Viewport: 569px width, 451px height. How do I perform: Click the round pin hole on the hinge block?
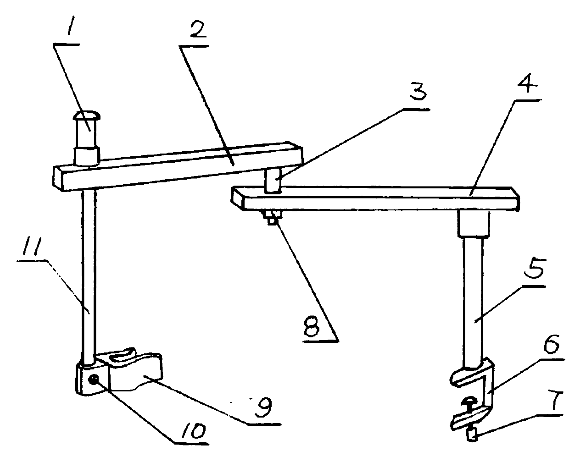(94, 379)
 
